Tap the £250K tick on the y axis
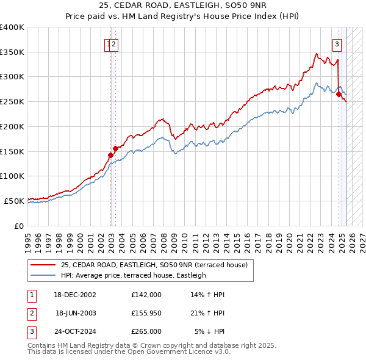click(12, 101)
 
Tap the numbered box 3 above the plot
click(337, 43)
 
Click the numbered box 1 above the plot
click(109, 43)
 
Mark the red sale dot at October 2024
click(339, 94)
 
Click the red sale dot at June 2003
click(115, 148)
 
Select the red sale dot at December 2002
click(110, 155)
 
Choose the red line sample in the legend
click(43, 265)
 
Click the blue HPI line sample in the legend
click(43, 275)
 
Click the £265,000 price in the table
click(146, 331)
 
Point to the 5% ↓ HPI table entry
click(210, 331)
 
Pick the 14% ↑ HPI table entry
click(208, 295)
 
